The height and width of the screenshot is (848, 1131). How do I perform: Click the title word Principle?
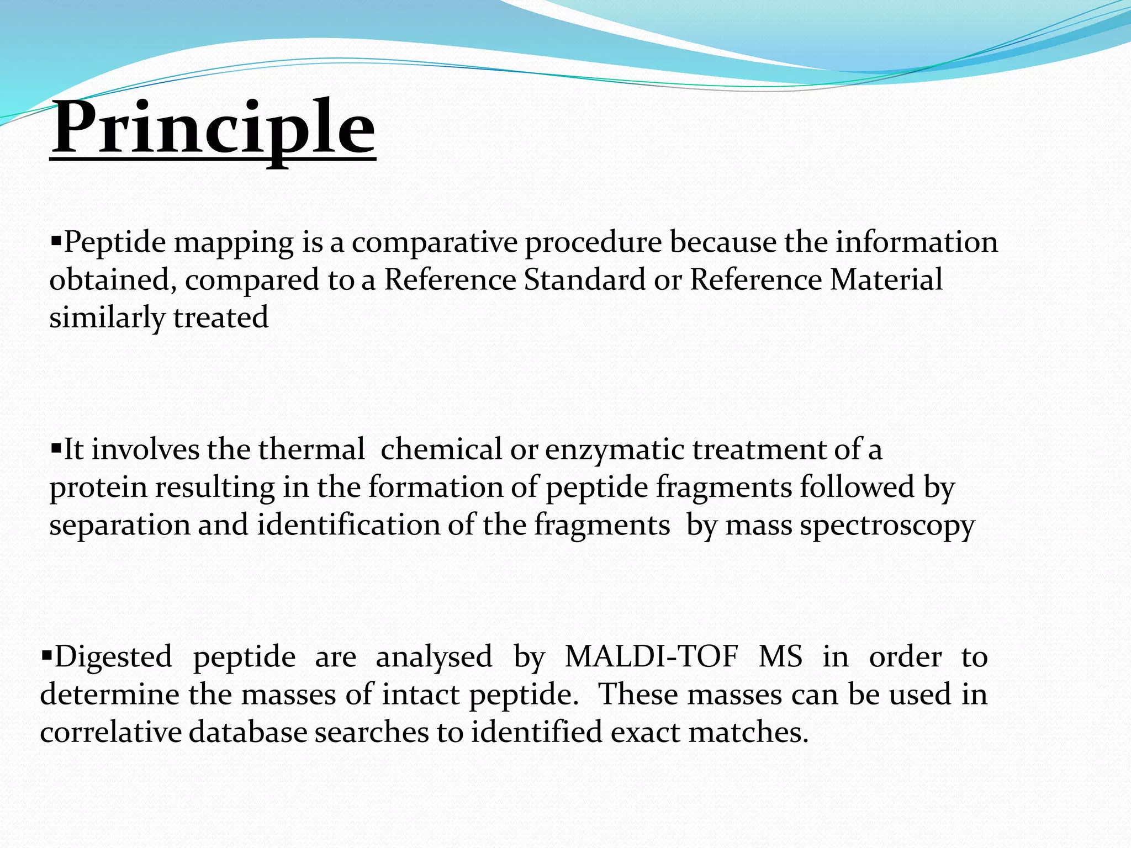coord(213,128)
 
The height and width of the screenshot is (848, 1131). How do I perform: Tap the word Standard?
coord(584,279)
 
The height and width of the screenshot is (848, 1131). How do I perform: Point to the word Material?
coord(886,279)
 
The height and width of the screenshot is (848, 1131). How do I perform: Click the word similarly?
coord(107,318)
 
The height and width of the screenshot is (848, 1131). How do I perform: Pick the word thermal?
coord(311,449)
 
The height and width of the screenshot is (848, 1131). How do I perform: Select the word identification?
coord(348,524)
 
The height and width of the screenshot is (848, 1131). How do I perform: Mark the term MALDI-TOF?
coord(652,657)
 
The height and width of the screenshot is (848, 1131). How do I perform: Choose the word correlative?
coord(110,733)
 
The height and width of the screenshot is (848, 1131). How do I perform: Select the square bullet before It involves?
coord(55,448)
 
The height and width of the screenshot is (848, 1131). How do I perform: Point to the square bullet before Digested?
coord(46,655)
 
